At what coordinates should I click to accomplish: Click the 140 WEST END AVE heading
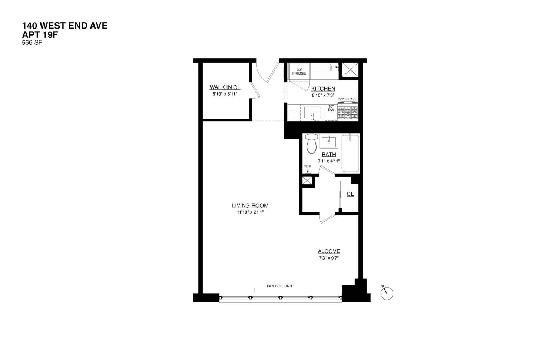coord(65,26)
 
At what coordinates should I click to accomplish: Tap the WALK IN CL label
coord(225,87)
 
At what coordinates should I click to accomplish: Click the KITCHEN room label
coord(323,89)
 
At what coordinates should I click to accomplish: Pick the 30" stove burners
coord(348,112)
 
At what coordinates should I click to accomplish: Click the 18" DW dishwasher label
coord(331,108)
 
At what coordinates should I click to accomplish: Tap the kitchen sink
coord(312,113)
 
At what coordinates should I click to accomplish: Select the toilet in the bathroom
coord(311,144)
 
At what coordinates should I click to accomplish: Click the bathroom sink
coord(328,142)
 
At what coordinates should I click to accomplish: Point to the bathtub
coord(350,153)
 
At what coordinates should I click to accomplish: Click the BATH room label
coord(329,155)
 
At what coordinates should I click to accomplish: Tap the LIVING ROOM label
coord(250,205)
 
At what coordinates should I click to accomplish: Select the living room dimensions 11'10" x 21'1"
coord(250,212)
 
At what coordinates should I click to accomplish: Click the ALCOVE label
coord(329,251)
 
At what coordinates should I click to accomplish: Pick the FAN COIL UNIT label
coord(280,286)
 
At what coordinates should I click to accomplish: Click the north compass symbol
coord(387,293)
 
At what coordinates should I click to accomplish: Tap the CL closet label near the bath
coord(350,194)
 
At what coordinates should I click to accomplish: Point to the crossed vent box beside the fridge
coord(350,70)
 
